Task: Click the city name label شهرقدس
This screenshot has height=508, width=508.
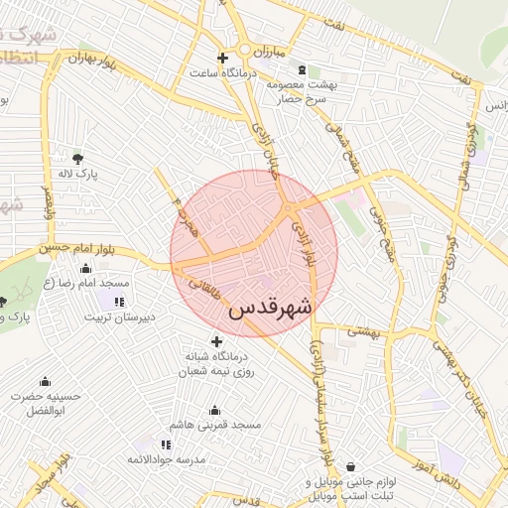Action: (x=270, y=308)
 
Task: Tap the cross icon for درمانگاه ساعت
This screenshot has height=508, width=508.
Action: (x=222, y=59)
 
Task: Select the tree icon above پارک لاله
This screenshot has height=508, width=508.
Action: (x=78, y=157)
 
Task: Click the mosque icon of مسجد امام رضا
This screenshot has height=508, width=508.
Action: (x=85, y=268)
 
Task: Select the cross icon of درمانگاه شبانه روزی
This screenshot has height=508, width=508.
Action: (x=217, y=342)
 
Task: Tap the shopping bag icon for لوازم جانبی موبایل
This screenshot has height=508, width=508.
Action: (x=350, y=467)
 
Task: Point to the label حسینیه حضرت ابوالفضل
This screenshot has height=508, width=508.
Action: (x=45, y=403)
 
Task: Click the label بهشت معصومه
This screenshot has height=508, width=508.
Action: (x=302, y=85)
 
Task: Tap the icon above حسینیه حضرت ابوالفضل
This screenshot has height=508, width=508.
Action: (x=45, y=382)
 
